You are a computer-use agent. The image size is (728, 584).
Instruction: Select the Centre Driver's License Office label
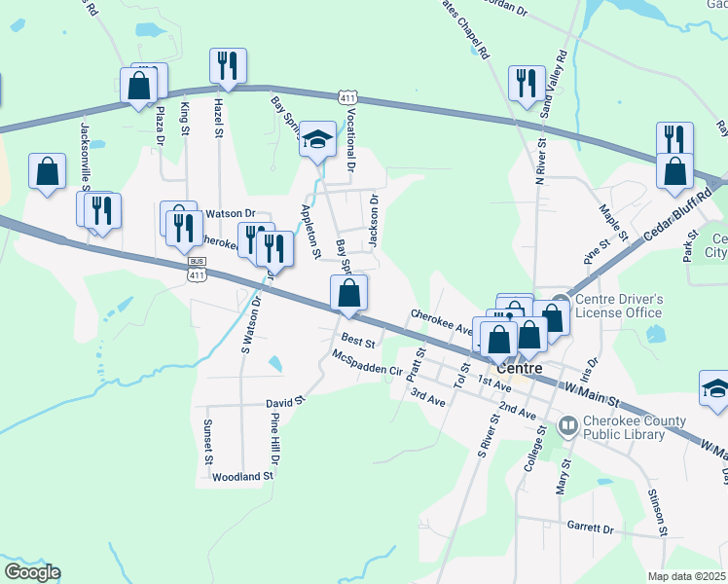pos(619,306)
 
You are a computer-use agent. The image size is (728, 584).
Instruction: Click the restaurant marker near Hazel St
pos(228,66)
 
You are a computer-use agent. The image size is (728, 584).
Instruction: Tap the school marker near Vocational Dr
pos(317,139)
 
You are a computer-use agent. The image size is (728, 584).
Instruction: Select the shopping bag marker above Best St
pos(349,292)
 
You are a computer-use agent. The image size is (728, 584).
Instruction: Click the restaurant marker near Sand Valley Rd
pos(527,82)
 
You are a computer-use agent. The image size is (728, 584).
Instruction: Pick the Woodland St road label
pos(243,476)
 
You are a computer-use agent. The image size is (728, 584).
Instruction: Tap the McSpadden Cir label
pos(367,364)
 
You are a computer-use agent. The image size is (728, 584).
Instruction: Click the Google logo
pos(32,572)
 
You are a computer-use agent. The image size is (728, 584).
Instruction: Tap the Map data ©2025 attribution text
pos(687,576)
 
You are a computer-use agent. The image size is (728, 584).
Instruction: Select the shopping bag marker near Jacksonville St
pos(47,172)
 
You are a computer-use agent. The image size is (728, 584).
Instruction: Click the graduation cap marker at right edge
pos(715,388)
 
